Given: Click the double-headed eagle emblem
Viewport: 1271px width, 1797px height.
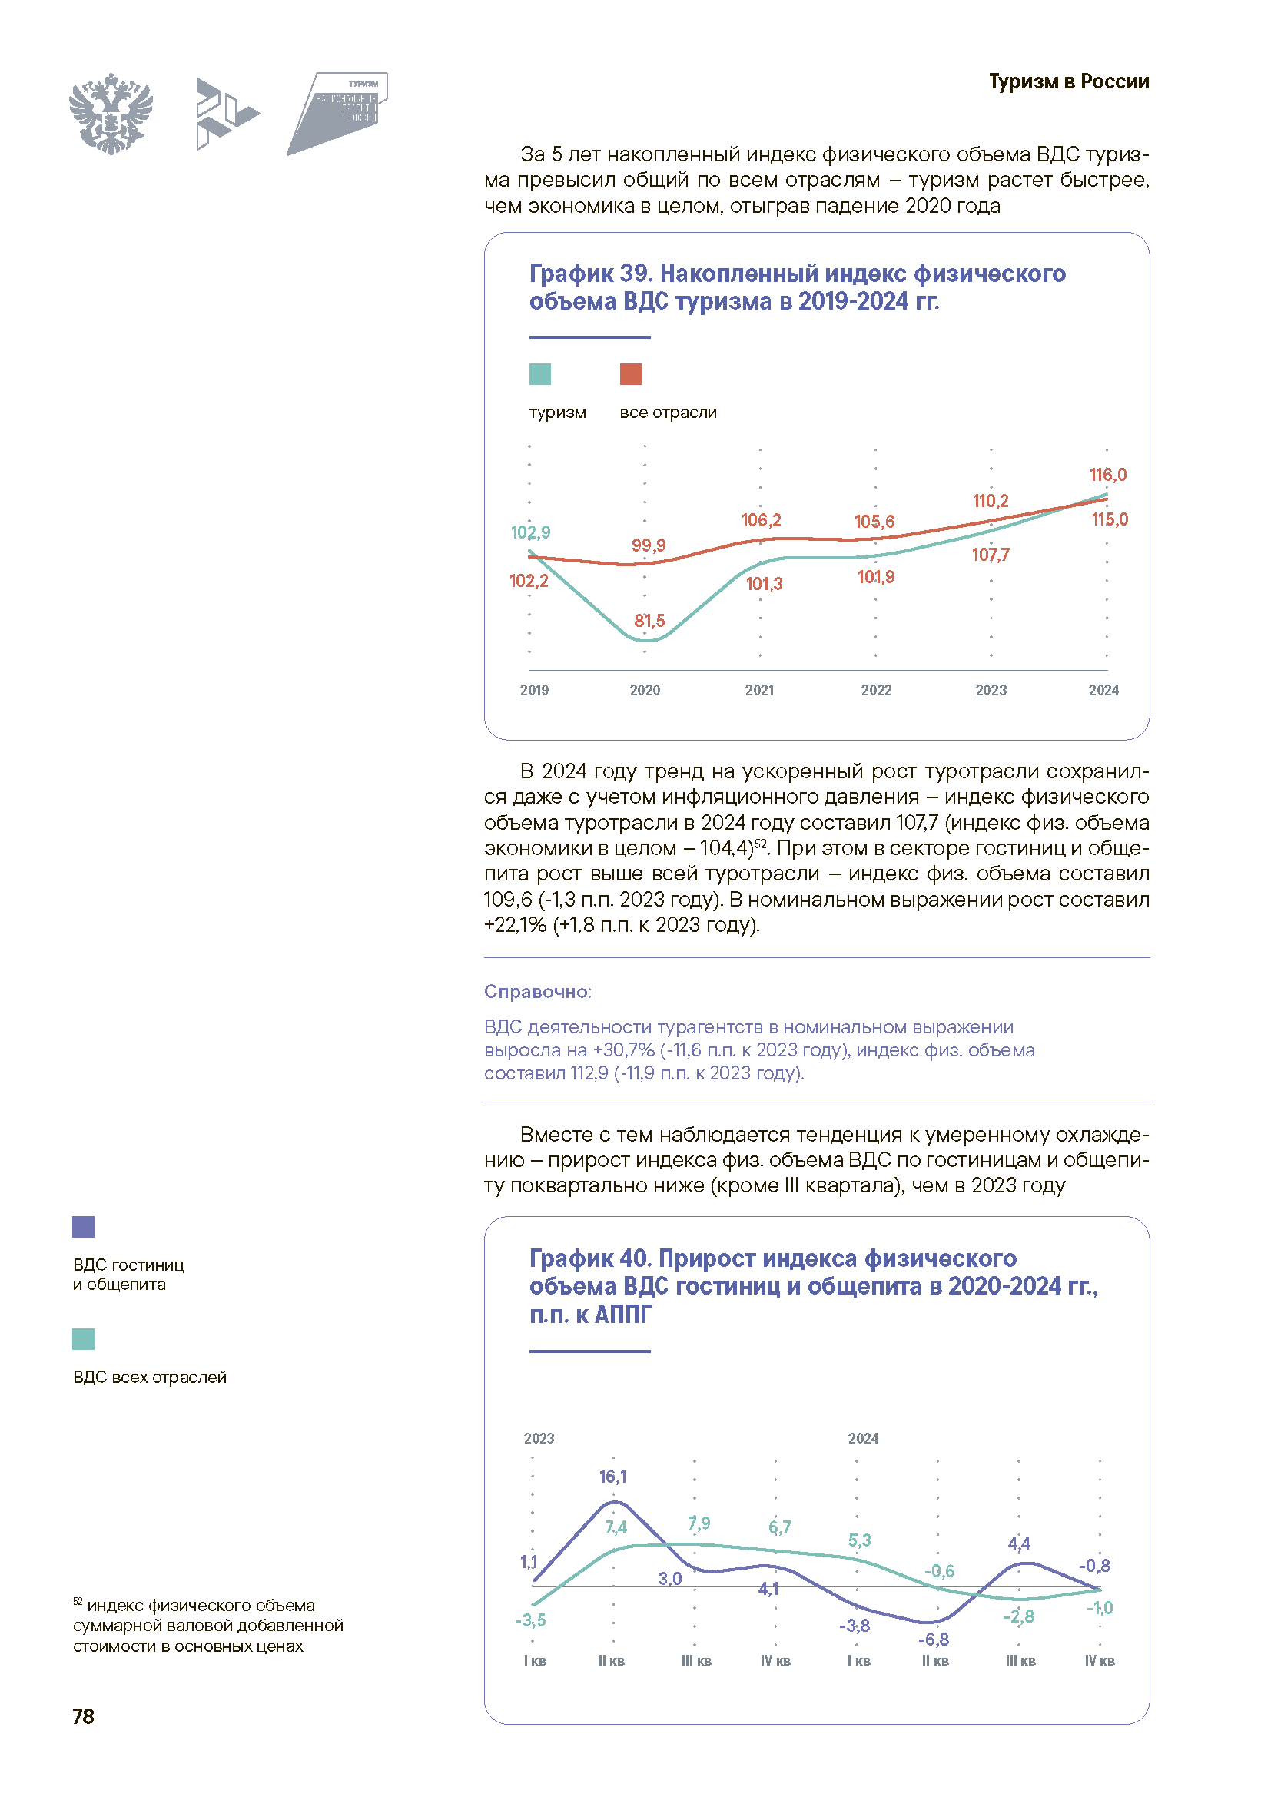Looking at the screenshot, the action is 111,114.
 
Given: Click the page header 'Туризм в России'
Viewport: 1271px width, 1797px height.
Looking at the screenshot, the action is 1068,81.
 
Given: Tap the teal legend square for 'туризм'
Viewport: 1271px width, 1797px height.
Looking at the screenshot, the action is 540,374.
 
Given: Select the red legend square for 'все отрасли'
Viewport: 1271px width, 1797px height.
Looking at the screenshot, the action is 631,374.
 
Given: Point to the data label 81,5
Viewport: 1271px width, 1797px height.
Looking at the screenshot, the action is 649,621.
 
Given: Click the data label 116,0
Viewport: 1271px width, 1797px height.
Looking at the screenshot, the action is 1107,475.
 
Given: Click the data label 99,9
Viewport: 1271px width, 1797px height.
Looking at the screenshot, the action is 648,545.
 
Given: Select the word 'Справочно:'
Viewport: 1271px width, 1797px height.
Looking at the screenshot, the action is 538,992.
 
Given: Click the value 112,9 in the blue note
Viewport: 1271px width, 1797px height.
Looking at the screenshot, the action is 589,1073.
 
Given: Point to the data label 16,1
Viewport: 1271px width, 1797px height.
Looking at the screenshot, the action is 612,1477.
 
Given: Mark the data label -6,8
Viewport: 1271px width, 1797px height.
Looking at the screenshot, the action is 934,1640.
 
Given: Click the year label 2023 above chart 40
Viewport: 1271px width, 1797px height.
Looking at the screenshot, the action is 539,1438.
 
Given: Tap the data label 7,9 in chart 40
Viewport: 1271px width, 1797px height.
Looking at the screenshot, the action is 699,1523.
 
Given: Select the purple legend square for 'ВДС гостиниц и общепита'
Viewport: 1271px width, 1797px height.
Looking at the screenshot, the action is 83,1226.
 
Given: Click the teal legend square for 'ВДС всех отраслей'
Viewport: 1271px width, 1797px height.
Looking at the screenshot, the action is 83,1339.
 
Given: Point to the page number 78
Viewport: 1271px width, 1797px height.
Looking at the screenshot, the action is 83,1716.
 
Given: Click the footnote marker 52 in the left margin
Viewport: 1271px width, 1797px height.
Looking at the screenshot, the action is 77,1601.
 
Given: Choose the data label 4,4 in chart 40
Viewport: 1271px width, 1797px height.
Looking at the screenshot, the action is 1019,1543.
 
